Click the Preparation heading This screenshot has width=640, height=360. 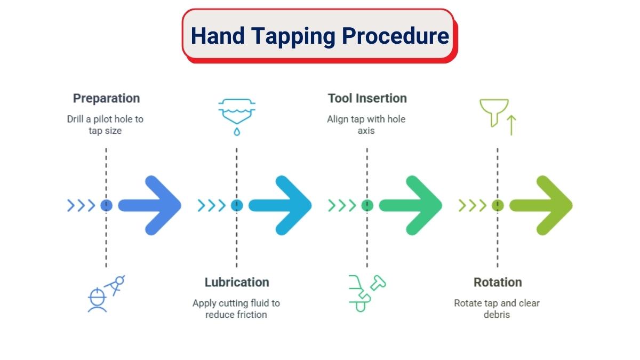(x=106, y=99)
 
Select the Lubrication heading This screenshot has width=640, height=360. (x=237, y=282)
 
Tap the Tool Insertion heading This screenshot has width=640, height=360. (x=367, y=98)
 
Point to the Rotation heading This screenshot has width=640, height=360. (x=498, y=282)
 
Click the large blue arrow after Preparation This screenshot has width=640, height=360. (x=150, y=205)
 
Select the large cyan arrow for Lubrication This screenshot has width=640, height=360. (x=280, y=205)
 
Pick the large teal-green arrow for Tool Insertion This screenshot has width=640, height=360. (x=411, y=205)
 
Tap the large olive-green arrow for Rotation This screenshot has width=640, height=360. (x=541, y=205)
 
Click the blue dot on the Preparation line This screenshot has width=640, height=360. (x=106, y=205)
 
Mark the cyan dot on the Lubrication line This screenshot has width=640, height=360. (x=237, y=205)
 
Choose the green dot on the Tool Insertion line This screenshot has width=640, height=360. (x=367, y=205)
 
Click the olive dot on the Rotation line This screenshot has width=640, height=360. (x=498, y=205)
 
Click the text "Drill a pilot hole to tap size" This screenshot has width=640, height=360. (x=105, y=125)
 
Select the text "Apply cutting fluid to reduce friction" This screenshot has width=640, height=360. (x=236, y=309)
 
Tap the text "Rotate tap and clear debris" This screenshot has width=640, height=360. (x=497, y=309)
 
